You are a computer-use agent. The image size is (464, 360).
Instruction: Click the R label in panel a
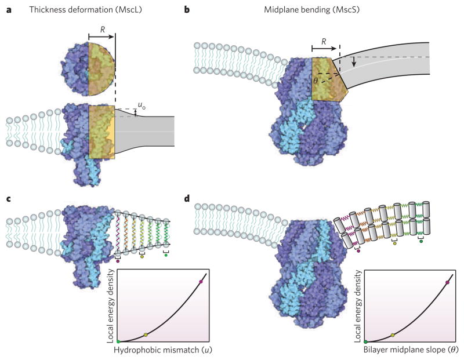pyautogui.click(x=101, y=27)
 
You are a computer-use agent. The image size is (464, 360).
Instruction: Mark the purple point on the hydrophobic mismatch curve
pyautogui.click(x=201, y=282)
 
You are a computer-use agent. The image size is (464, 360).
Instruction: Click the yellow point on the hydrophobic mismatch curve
pyautogui.click(x=146, y=335)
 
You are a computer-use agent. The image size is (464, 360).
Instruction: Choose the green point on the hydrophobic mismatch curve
pyautogui.click(x=118, y=341)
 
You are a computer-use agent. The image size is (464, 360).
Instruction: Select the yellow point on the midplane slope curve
pyautogui.click(x=393, y=335)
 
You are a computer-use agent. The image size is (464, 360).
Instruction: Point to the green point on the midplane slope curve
pyautogui.click(x=365, y=341)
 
